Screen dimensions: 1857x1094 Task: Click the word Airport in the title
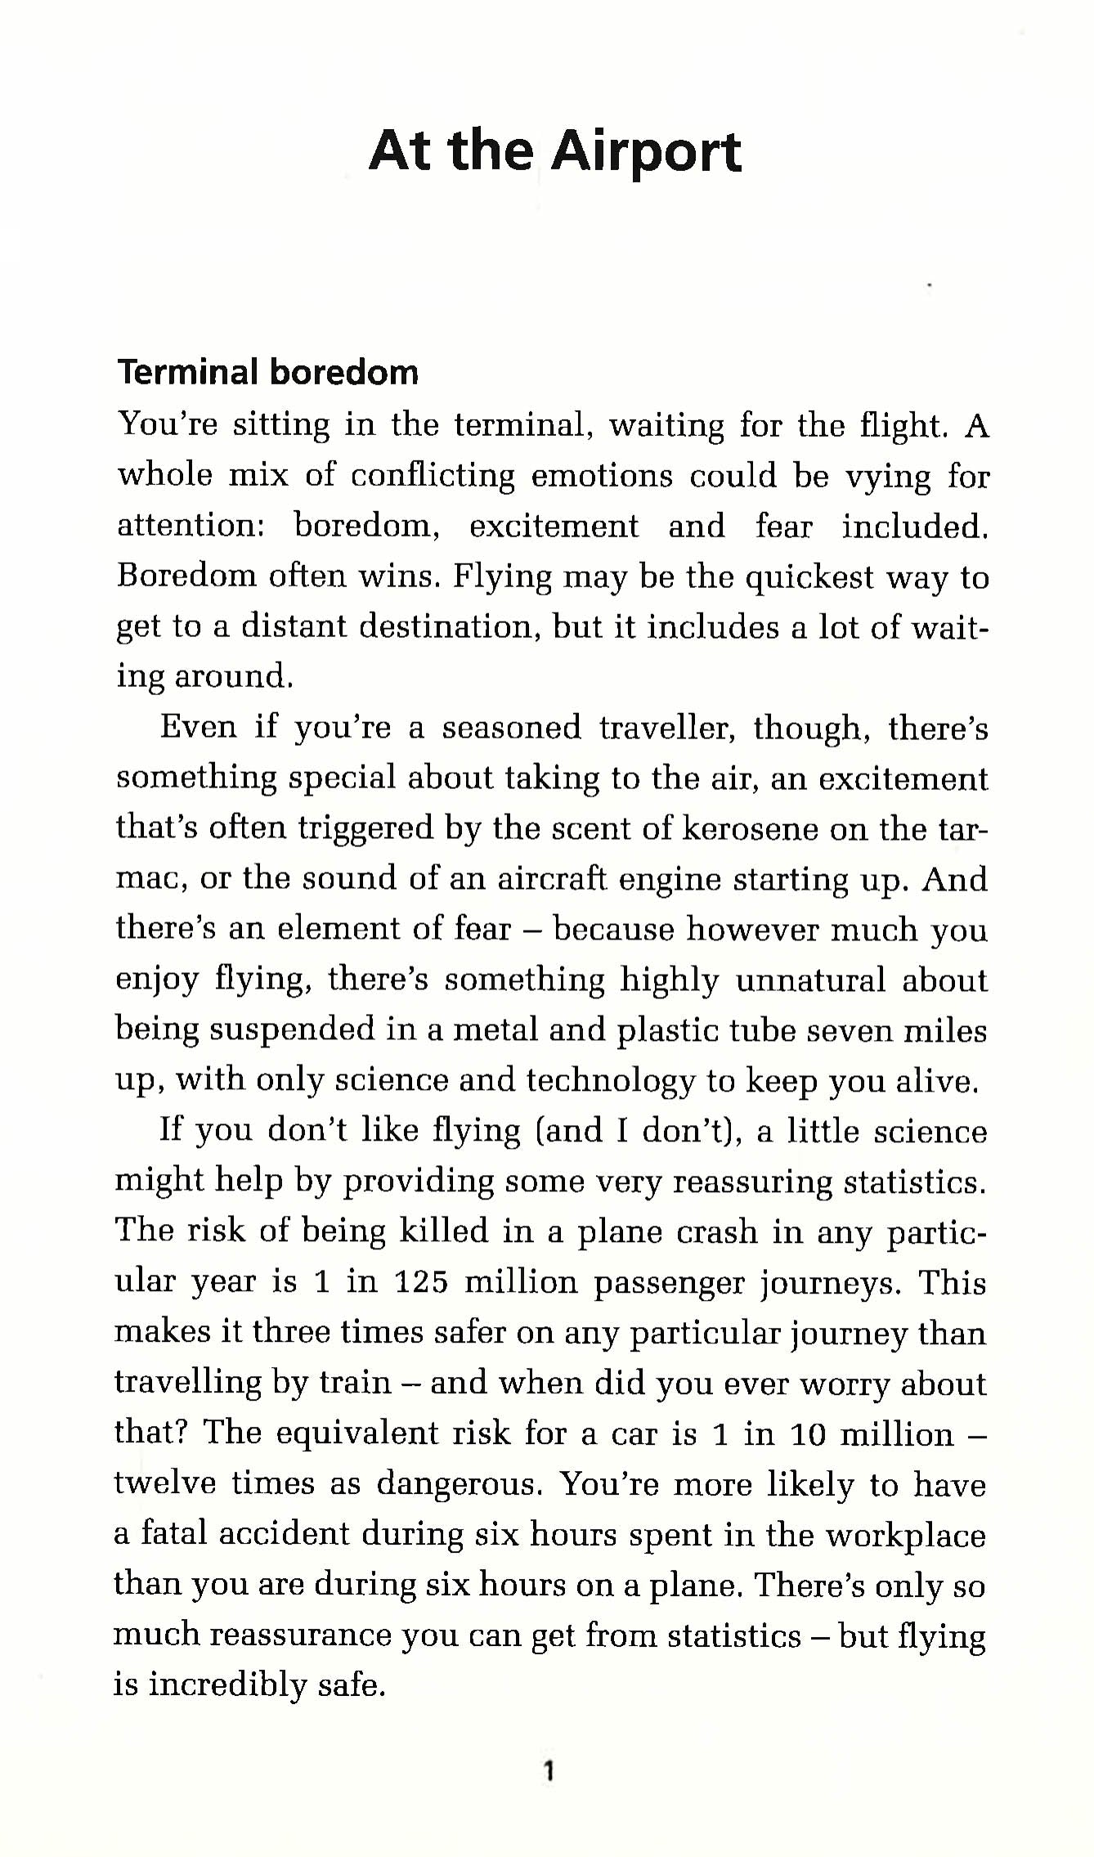[646, 153]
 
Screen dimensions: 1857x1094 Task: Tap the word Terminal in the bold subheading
[188, 372]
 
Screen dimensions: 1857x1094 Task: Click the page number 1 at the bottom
[549, 1771]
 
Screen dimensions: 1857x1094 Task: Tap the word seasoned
[511, 727]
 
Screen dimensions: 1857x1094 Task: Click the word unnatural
[810, 980]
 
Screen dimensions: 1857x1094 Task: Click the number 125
[421, 1282]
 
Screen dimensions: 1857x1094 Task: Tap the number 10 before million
[809, 1433]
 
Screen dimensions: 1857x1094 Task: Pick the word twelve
[164, 1484]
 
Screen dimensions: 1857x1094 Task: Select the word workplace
[904, 1535]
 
